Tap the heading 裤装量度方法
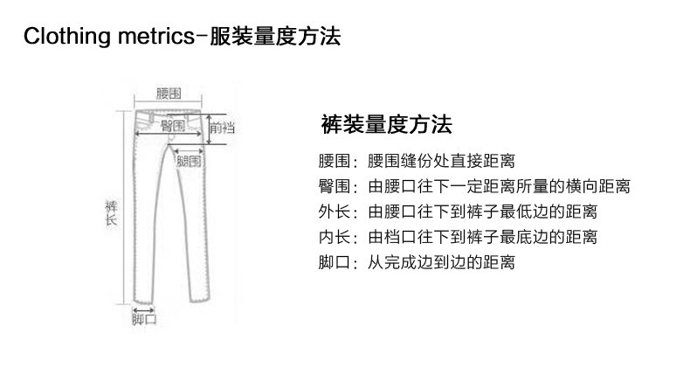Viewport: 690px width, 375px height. point(386,123)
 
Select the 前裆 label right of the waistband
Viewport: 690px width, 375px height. point(221,128)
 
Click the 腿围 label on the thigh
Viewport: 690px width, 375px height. point(189,161)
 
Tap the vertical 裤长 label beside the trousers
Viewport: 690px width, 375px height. point(112,214)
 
